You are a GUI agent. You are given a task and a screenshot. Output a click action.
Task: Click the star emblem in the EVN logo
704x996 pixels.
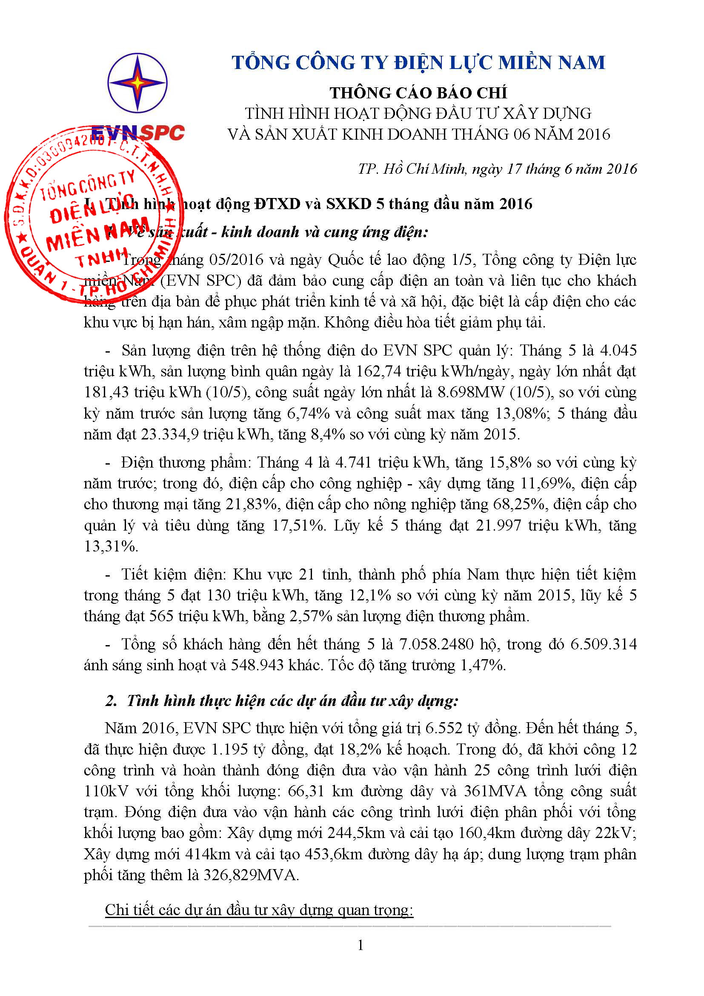137,82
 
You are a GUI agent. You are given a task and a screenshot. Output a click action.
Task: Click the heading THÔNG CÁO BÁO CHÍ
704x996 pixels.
418,93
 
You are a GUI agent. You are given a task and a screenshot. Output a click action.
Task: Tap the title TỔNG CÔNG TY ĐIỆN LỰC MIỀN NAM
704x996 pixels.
418,63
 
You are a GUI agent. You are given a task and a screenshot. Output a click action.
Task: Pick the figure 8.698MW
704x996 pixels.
471,392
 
